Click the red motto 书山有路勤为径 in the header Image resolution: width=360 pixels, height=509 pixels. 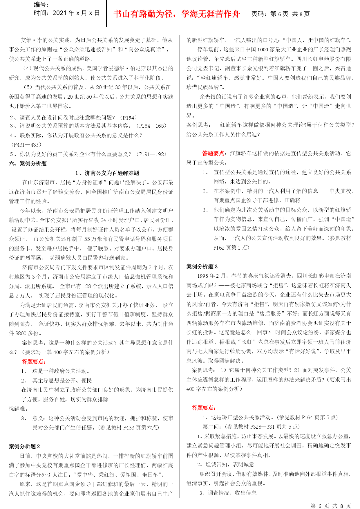tap(177, 14)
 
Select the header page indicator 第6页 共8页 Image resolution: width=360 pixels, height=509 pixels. tap(281, 14)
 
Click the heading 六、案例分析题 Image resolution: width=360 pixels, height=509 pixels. tap(28, 164)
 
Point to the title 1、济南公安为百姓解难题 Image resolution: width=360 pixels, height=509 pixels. tap(107, 173)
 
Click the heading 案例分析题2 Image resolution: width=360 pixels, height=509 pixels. tap(24, 446)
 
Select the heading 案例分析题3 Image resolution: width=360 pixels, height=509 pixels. tap(202, 266)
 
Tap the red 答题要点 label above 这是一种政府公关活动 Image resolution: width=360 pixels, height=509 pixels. tap(34, 362)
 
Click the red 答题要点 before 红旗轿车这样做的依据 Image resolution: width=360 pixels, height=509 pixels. tap(213, 153)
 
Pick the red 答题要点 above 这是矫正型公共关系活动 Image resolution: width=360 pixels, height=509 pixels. tap(204, 408)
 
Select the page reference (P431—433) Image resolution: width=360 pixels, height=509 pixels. tap(26, 145)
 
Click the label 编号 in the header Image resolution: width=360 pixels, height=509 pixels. tap(41, 4)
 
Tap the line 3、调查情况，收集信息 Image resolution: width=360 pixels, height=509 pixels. tap(228, 493)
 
